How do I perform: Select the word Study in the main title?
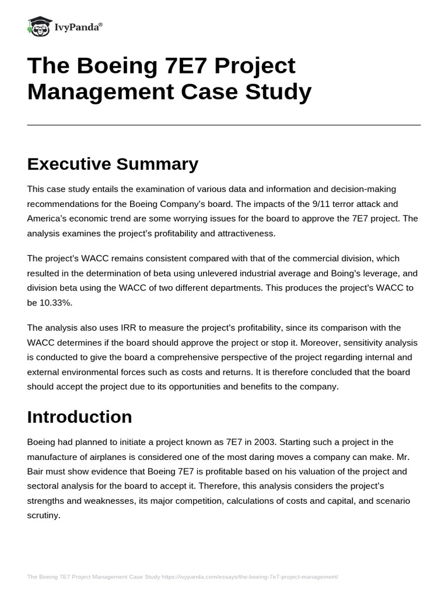pos(278,92)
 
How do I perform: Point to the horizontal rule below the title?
pos(223,125)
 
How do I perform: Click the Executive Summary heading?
pos(113,164)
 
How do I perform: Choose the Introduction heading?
pos(79,417)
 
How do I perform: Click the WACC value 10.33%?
pos(57,303)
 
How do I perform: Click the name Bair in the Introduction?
pos(39,472)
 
